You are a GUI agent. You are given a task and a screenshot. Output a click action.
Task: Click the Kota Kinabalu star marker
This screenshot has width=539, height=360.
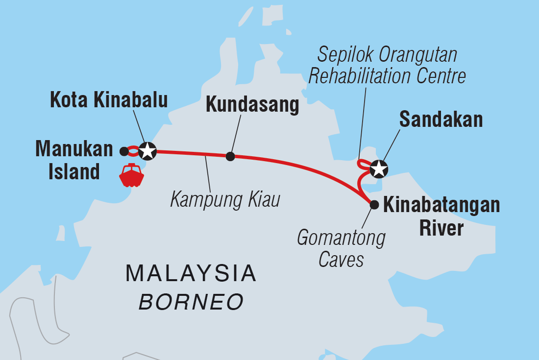point(147,151)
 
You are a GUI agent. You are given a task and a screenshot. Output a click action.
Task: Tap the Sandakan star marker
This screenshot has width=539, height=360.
point(379,169)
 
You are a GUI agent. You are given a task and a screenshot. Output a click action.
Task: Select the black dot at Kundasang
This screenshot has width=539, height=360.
point(230,156)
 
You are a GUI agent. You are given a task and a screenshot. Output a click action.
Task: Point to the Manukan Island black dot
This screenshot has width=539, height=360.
point(124,151)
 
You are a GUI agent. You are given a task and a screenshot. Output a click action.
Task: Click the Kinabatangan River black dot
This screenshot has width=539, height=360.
point(374,205)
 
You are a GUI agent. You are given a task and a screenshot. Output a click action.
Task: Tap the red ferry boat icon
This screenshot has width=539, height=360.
point(130,175)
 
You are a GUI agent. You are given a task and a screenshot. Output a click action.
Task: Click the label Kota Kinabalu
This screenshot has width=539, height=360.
point(109,100)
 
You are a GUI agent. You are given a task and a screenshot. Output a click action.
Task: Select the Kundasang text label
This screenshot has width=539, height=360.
point(252,105)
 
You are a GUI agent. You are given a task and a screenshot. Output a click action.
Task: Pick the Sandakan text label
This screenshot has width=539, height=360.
point(441,119)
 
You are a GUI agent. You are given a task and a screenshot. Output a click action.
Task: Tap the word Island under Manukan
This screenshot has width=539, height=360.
point(74,172)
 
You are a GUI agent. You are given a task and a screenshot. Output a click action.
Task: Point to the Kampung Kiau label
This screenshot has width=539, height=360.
point(225,200)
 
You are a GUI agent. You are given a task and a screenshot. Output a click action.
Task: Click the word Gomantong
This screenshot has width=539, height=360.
point(342,239)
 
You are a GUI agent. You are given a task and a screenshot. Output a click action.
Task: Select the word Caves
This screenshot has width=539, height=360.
point(341,260)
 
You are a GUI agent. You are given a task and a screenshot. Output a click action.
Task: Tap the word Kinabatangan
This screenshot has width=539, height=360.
point(441,206)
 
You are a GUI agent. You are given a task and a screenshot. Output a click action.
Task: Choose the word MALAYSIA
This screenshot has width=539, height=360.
point(191,273)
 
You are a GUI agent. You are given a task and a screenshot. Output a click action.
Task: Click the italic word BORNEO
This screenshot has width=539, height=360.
point(191,302)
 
